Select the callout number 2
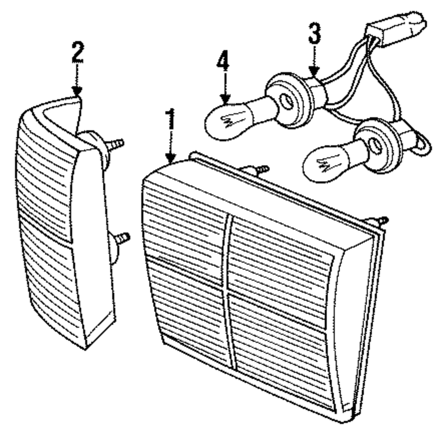[77, 52]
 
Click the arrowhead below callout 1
[170, 158]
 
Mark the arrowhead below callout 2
[78, 92]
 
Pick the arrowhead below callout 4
[224, 101]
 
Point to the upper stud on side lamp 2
[115, 144]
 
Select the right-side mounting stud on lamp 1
[380, 220]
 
